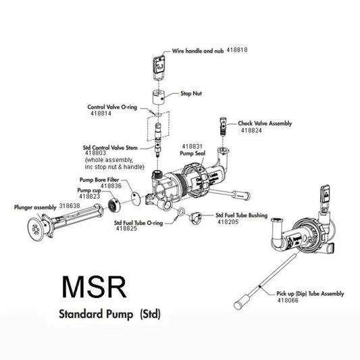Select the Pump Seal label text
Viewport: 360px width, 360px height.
192,153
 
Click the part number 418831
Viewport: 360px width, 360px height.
192,146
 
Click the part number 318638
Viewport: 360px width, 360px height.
70,205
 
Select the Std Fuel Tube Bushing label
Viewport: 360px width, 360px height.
241,215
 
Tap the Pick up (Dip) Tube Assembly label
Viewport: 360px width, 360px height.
311,294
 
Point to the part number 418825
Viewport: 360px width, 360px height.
127,229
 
